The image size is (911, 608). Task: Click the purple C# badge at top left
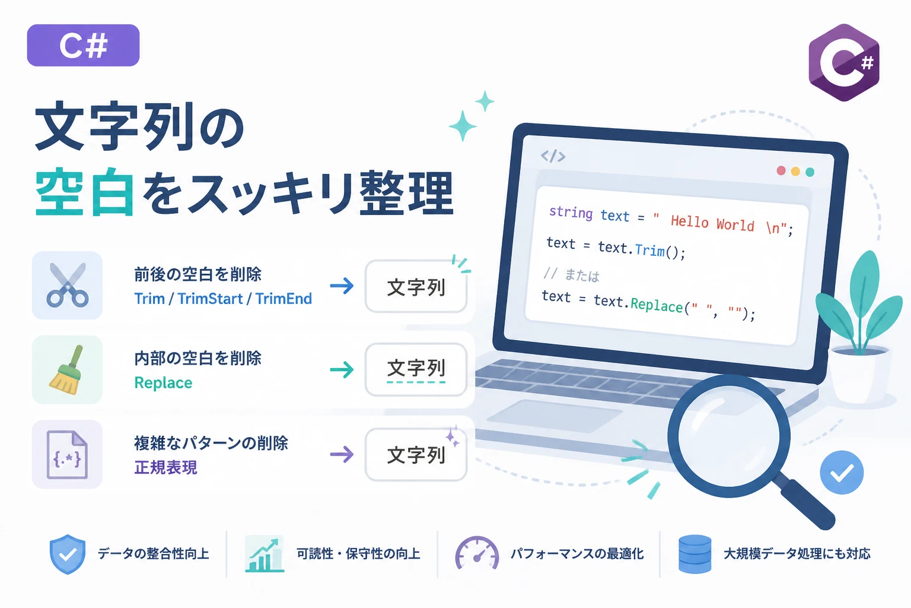(x=84, y=45)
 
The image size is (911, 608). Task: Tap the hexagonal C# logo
(x=844, y=62)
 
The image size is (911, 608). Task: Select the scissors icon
(x=68, y=284)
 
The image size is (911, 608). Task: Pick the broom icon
(x=66, y=370)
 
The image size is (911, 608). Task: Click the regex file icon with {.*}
(x=67, y=454)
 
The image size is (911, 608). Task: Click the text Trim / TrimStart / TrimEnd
(x=223, y=299)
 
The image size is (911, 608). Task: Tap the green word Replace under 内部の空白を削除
(x=163, y=383)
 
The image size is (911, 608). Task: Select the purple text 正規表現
(x=165, y=467)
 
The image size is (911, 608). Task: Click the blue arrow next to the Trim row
(x=342, y=286)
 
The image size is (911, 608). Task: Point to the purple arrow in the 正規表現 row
(x=342, y=454)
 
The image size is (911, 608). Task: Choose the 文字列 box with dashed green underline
(x=416, y=369)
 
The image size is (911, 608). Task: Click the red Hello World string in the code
(x=712, y=223)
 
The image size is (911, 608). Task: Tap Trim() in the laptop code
(x=660, y=251)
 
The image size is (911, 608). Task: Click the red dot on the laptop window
(x=781, y=170)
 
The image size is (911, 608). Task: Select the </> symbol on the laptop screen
(x=553, y=156)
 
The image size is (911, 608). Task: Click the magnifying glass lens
(x=729, y=436)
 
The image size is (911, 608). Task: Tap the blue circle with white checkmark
(x=842, y=473)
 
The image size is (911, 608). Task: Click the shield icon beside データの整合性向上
(x=68, y=554)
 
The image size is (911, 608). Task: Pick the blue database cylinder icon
(x=695, y=554)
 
